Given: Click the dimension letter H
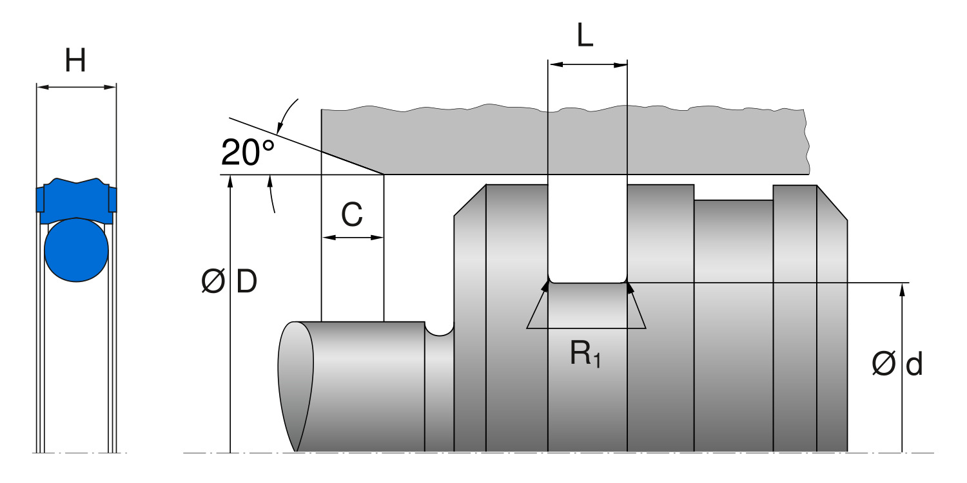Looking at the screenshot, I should point(75,61).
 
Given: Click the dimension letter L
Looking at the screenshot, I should point(585,37).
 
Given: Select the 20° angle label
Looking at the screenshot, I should point(248,153).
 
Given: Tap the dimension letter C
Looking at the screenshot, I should point(352,216).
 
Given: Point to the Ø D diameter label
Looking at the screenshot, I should point(230,282).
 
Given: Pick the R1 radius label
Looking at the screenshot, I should point(585,354).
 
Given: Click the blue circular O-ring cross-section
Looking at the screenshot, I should point(76,251).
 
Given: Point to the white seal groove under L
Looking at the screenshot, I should point(587,232).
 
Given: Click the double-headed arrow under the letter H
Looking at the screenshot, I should point(76,87).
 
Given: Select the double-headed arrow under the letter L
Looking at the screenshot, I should point(587,64).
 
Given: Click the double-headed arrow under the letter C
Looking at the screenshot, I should point(353,238).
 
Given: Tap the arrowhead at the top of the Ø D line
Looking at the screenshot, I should point(230,180).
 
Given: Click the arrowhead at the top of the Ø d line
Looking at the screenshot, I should point(902,288).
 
